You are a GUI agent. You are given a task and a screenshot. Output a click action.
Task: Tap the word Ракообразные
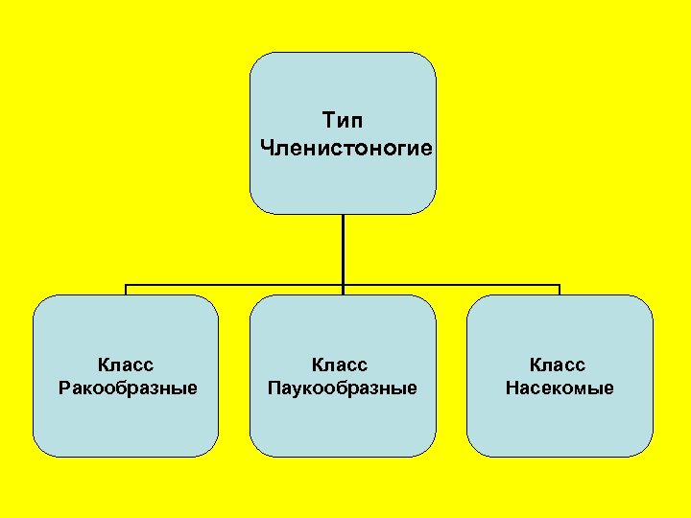(127, 388)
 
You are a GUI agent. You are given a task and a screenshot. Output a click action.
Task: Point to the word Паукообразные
(344, 388)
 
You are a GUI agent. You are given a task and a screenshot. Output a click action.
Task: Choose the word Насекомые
(560, 388)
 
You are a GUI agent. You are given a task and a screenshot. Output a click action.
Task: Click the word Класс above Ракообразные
(127, 365)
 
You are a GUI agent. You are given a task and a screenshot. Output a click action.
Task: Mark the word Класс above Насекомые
(560, 365)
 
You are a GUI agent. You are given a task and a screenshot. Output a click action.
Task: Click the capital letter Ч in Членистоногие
(266, 149)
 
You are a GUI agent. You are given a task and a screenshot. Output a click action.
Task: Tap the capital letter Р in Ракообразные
(63, 388)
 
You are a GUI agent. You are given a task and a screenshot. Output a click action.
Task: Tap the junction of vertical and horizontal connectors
(343, 285)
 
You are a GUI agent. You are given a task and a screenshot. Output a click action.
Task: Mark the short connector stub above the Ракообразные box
(126, 290)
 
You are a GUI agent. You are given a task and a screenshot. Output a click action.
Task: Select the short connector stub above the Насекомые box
(560, 290)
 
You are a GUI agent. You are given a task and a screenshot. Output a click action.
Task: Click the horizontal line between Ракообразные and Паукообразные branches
(234, 285)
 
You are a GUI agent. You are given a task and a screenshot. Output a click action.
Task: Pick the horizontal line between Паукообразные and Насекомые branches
(451, 285)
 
